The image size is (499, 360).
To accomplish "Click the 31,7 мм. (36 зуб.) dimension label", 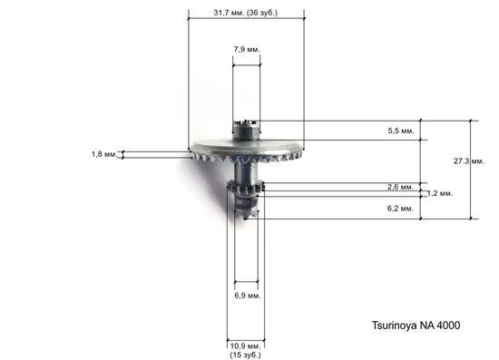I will click(245, 14).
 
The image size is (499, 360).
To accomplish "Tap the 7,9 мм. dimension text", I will click(246, 48).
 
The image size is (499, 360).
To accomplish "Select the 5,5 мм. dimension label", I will click(400, 131).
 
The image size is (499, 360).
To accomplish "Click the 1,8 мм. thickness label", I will click(103, 155).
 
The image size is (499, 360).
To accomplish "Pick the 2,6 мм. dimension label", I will click(400, 186).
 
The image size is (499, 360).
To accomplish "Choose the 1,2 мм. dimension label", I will click(439, 194).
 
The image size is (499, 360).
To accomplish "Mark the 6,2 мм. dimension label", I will click(400, 209).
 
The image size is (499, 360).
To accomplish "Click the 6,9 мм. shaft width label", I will click(247, 296).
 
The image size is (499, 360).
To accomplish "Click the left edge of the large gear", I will click(193, 151).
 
